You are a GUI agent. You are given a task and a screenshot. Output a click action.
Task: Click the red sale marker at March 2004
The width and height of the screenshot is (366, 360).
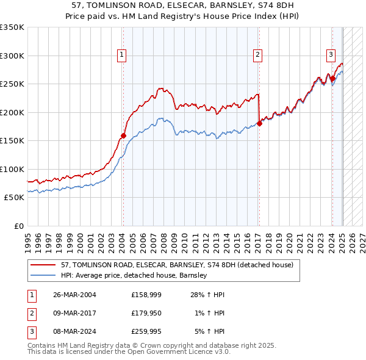123,136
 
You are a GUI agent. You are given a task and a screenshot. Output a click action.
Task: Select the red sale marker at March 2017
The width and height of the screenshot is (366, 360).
259,123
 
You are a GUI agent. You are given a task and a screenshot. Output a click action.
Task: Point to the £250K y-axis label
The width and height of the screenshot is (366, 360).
12,84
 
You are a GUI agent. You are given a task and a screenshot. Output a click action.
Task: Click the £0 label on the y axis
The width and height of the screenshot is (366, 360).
18,226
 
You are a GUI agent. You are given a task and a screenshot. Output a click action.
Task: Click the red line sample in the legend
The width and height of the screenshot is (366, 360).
43,265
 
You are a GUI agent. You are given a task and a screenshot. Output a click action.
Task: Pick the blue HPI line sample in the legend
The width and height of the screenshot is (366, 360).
43,275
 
